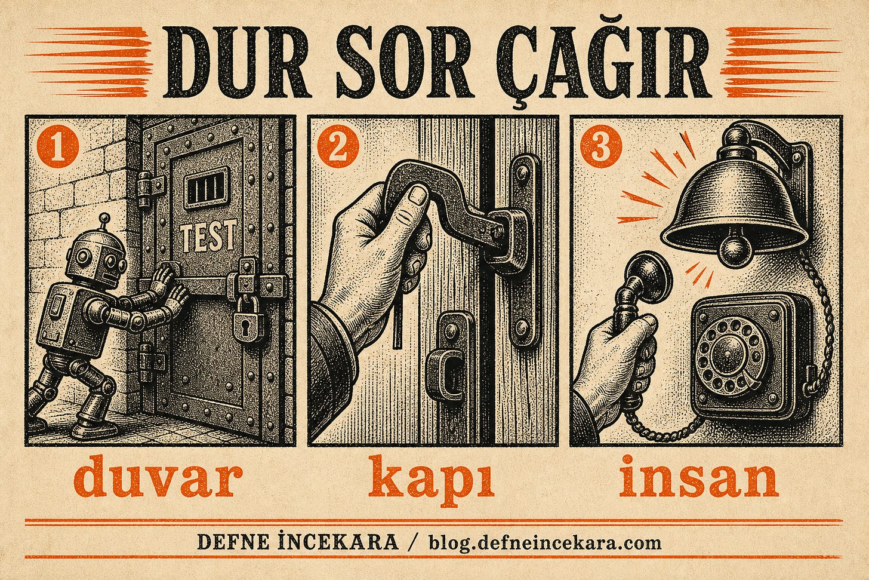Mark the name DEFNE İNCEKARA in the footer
[298, 542]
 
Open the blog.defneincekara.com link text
[545, 543]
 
